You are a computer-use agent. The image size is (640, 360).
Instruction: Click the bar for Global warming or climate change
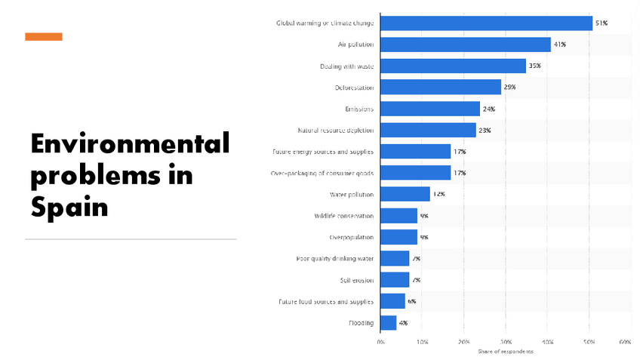[x=486, y=23]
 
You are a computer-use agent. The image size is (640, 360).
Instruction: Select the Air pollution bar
[x=465, y=45]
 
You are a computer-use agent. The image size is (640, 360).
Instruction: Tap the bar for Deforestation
[x=440, y=88]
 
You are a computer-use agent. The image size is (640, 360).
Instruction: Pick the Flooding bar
[x=388, y=323]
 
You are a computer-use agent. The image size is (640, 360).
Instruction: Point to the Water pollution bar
[x=405, y=195]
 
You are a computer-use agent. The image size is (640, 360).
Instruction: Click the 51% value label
[x=602, y=23]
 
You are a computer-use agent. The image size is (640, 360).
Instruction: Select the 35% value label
[x=534, y=66]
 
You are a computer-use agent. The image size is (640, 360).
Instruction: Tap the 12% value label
[x=438, y=195]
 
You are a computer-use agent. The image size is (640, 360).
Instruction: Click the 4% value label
[x=403, y=323]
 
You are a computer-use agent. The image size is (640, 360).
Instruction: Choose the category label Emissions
[x=358, y=109]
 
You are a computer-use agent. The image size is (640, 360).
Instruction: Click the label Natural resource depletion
[x=335, y=131]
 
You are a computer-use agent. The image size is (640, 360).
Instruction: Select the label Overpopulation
[x=351, y=238]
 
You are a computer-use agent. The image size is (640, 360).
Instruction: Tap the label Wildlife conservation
[x=343, y=216]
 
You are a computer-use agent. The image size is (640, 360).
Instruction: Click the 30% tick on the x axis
[x=506, y=342]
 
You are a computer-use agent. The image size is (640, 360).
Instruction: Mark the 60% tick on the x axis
[x=625, y=342]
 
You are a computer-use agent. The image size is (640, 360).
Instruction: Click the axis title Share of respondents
[x=505, y=352]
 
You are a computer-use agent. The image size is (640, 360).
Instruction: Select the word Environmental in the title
[x=130, y=143]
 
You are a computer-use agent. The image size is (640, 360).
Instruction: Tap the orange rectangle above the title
[x=44, y=36]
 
